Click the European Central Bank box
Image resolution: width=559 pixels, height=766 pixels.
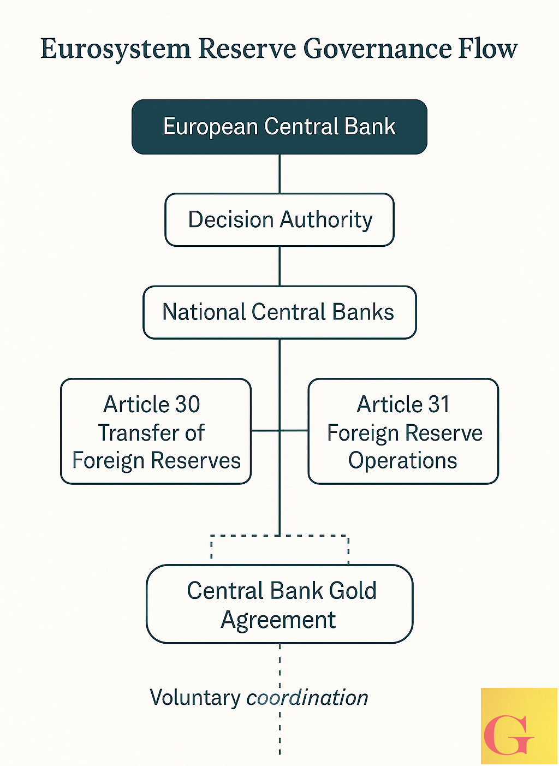pyautogui.click(x=279, y=127)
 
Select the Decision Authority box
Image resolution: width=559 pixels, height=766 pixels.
pyautogui.click(x=279, y=219)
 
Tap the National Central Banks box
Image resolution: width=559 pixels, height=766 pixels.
pyautogui.click(x=279, y=312)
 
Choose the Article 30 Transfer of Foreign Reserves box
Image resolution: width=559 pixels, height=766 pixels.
pyautogui.click(x=156, y=431)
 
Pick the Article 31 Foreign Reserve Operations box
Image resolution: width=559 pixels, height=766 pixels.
pyautogui.click(x=403, y=431)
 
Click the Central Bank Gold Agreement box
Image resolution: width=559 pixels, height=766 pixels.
pyautogui.click(x=279, y=604)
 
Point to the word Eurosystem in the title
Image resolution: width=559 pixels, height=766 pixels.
pyautogui.click(x=115, y=49)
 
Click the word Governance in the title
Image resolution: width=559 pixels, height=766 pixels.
pyautogui.click(x=377, y=49)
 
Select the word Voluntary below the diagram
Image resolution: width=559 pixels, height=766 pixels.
pyautogui.click(x=195, y=698)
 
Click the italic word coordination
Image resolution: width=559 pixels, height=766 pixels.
pyautogui.click(x=307, y=698)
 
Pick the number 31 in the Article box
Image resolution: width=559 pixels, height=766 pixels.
pyautogui.click(x=439, y=405)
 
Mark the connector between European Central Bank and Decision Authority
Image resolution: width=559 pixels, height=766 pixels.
pyautogui.click(x=279, y=174)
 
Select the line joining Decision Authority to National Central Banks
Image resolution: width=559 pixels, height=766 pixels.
pyautogui.click(x=279, y=266)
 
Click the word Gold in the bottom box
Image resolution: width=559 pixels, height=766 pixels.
pyautogui.click(x=352, y=591)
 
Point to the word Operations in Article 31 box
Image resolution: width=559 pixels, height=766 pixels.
pyautogui.click(x=403, y=460)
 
